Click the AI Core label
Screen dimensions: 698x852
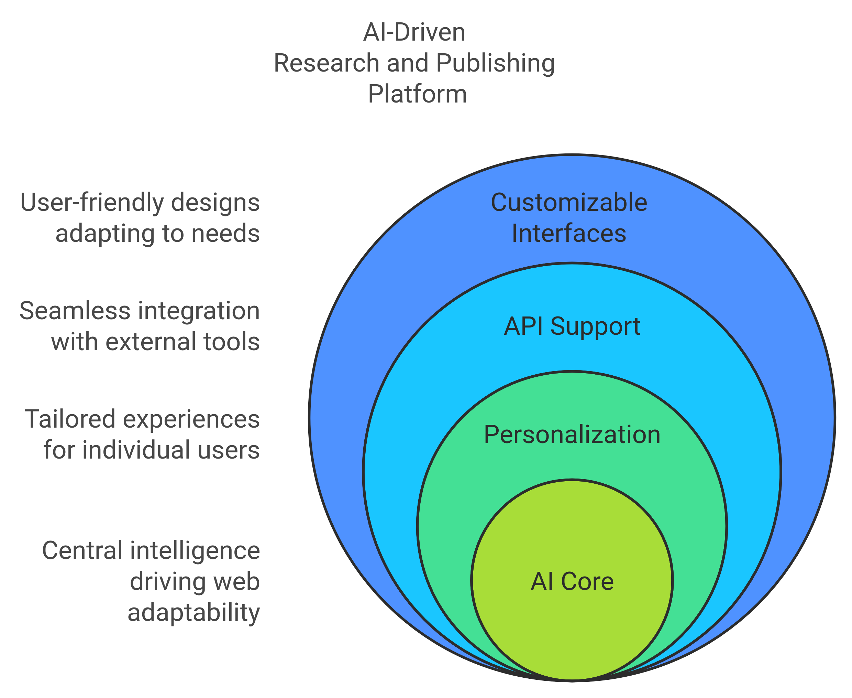572,581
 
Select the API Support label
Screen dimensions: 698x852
572,326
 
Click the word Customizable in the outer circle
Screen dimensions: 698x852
569,202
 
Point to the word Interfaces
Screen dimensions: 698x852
569,233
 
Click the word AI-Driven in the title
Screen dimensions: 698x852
414,32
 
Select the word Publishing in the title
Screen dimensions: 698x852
495,64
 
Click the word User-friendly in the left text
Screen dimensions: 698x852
92,202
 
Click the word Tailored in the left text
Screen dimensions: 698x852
70,419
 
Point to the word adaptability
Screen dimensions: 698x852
193,613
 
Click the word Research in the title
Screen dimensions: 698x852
326,64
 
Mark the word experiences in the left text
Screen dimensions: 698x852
191,419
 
